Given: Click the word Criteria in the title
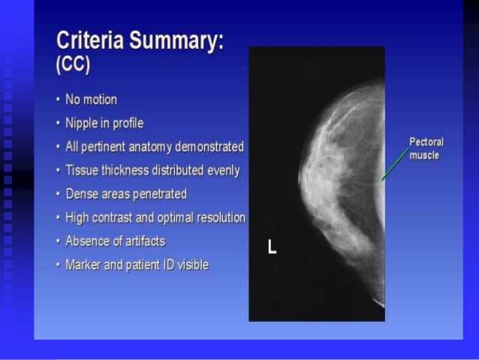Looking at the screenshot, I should pos(90,41).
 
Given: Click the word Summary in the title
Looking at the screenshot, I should pos(175,41).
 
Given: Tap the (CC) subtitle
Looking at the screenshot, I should pos(73,65).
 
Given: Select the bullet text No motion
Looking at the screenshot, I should pos(91,99).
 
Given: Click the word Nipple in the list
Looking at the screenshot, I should pos(82,123).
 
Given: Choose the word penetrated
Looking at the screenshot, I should pos(158,194).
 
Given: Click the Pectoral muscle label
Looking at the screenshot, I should pos(426,148).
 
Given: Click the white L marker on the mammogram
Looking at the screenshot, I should pos(272,247).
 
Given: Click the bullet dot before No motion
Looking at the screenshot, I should pos(59,100).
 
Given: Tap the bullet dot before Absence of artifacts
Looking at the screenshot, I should pos(59,242).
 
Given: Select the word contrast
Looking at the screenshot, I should pos(112,218).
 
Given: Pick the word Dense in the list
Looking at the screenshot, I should pos(80,194).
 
